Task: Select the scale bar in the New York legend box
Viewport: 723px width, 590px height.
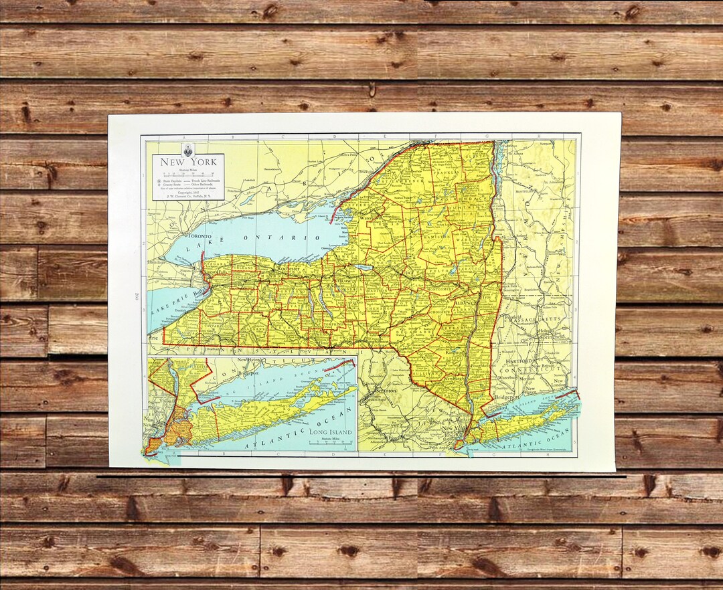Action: tap(187, 175)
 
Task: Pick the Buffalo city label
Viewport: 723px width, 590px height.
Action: tap(198, 292)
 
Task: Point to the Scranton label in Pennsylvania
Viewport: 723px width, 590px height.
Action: tap(386, 390)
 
